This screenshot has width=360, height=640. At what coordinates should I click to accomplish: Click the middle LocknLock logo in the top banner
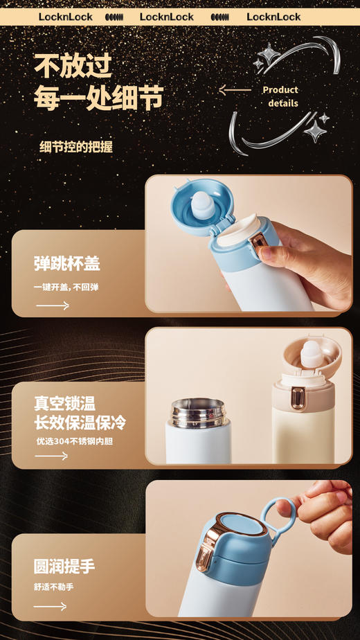(167, 17)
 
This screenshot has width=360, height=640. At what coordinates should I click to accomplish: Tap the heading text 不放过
(73, 67)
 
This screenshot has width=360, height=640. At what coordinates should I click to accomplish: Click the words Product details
(281, 96)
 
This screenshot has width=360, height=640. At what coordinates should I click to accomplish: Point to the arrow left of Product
(235, 90)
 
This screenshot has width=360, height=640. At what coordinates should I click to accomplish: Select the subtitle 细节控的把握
(76, 146)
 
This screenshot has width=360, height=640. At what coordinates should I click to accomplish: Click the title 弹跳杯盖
(67, 263)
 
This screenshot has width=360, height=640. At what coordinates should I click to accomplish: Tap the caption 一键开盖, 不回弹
(66, 287)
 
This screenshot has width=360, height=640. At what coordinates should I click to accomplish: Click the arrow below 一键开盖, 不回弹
(53, 305)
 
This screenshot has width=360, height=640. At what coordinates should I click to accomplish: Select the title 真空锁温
(65, 403)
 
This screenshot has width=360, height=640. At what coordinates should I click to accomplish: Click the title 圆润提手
(64, 566)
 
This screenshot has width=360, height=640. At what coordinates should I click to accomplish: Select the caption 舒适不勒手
(54, 587)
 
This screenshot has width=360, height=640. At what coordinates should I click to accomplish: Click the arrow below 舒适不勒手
(51, 606)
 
